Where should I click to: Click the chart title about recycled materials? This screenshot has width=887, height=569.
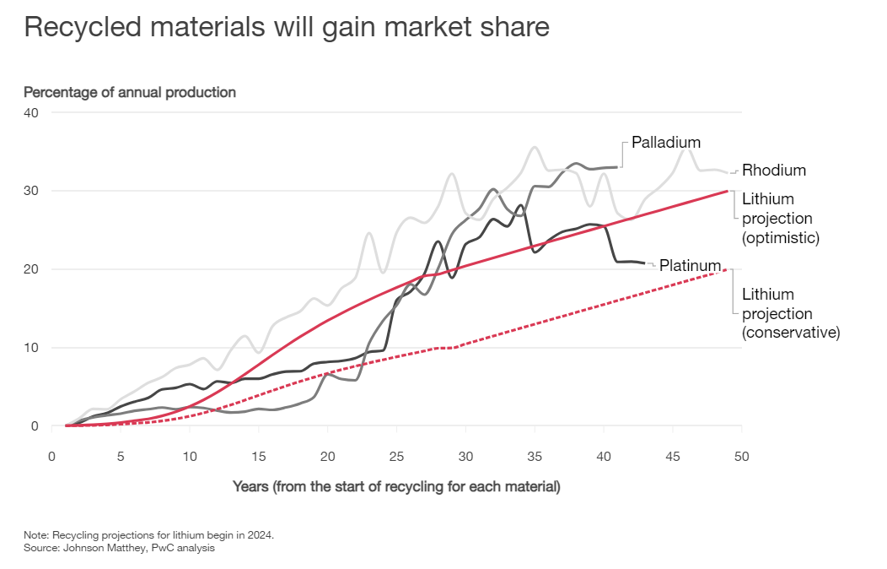point(287,27)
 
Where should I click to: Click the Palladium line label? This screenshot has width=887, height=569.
point(666,143)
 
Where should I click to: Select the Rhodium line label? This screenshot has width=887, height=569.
point(773,171)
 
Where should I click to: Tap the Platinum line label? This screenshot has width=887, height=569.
point(690,265)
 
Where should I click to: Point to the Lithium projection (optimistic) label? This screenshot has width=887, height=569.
point(780,219)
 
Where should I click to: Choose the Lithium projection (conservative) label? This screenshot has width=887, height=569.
point(790,313)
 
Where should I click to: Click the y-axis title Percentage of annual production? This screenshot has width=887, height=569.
point(130,92)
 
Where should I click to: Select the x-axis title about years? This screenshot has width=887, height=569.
point(396,487)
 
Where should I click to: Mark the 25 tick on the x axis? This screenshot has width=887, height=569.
point(396,456)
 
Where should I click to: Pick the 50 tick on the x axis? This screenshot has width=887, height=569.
point(741,456)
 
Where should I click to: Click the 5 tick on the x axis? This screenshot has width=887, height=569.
point(121,456)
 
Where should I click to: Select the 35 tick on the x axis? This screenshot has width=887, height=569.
point(535,456)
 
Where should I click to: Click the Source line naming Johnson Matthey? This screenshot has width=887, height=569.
point(119,548)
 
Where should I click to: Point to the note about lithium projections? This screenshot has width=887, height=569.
point(149,535)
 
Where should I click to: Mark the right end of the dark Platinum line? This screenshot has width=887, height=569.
point(645,263)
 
